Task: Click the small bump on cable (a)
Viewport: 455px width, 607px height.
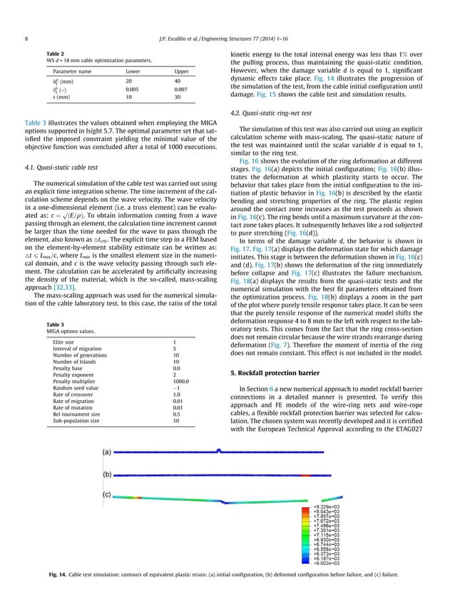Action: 218,450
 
